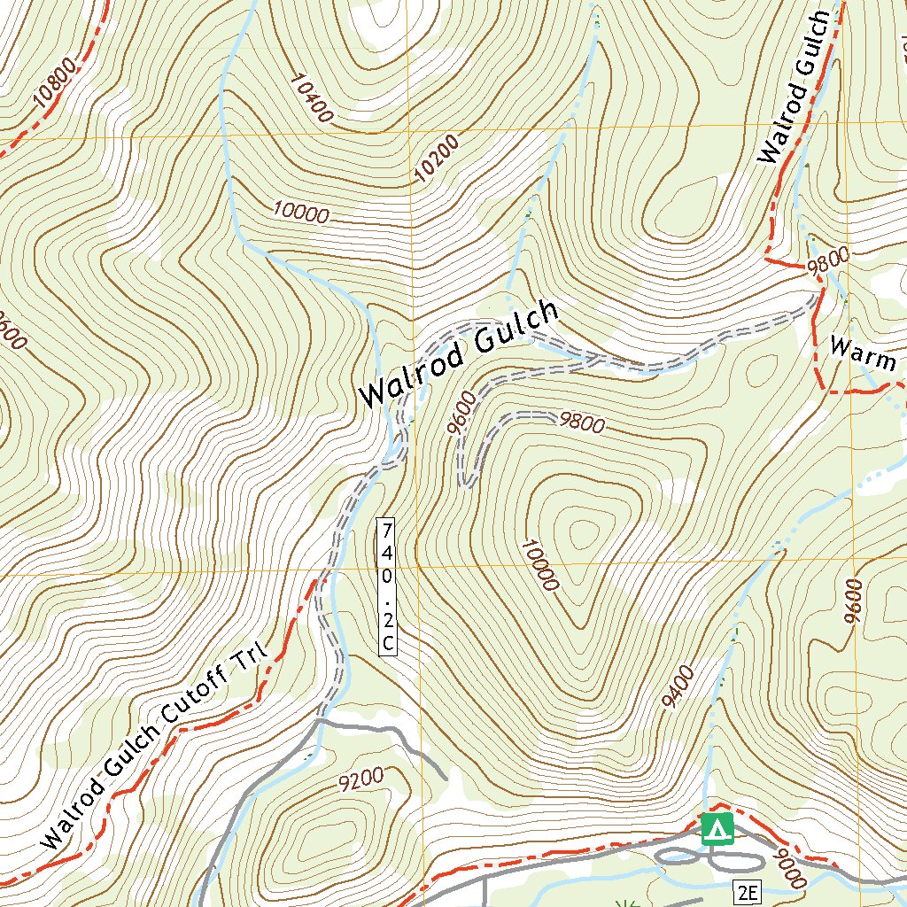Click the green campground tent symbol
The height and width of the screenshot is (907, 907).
tap(717, 829)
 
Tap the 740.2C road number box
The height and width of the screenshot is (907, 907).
tap(386, 586)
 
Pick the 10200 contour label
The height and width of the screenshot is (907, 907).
tap(438, 159)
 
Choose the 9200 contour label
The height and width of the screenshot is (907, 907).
tap(360, 779)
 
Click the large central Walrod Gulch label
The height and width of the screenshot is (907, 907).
tap(459, 354)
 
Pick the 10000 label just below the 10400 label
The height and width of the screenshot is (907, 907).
tap(301, 212)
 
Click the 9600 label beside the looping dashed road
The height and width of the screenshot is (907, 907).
tap(463, 412)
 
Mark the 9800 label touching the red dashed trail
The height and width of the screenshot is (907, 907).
tap(828, 260)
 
